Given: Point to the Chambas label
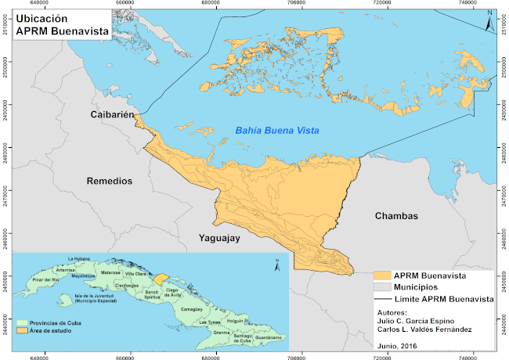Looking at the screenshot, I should [396, 216].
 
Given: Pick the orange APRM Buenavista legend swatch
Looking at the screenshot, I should [382, 275].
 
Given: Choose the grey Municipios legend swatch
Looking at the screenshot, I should [382, 287].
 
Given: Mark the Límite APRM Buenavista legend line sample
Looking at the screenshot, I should [382, 299].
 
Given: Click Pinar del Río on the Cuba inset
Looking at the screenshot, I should [46, 279].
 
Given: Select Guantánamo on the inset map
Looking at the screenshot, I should [262, 337].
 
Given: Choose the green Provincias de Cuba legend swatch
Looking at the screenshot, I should [20, 322].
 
